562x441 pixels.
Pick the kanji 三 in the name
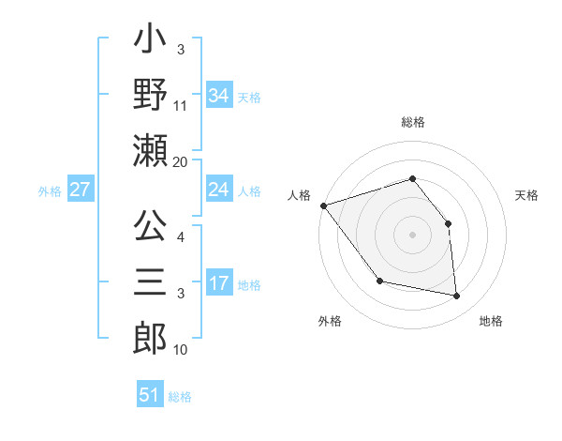coord(151,281)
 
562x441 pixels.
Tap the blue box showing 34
coord(218,95)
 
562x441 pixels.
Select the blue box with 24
coord(218,190)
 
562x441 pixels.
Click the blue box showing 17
coord(218,283)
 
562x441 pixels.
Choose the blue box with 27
coord(81,190)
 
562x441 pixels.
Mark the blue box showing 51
coord(150,395)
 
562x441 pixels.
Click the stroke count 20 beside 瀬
coord(181,162)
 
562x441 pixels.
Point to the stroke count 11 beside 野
coord(181,106)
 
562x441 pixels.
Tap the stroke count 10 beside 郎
coord(181,350)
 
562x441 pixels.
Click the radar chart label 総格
coord(413,122)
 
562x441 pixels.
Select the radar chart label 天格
coord(526,195)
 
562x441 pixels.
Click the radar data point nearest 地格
coord(456,297)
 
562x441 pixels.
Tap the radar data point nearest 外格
coord(379,281)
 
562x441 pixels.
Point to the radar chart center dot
coord(413,234)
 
